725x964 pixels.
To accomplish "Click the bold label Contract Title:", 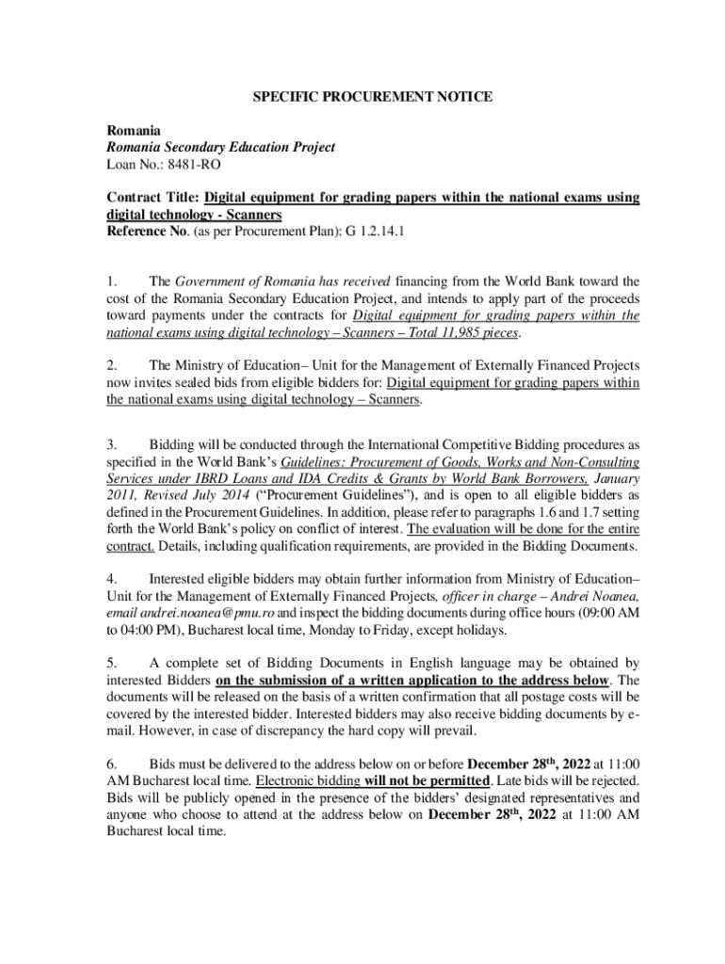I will coord(153,199).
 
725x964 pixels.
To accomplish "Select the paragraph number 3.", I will coord(110,443).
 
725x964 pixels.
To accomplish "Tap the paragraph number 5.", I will coord(110,664).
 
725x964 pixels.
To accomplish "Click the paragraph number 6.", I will coord(110,763).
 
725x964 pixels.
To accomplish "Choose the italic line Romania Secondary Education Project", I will coord(220,148).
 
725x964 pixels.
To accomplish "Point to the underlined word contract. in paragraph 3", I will coord(130,546).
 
